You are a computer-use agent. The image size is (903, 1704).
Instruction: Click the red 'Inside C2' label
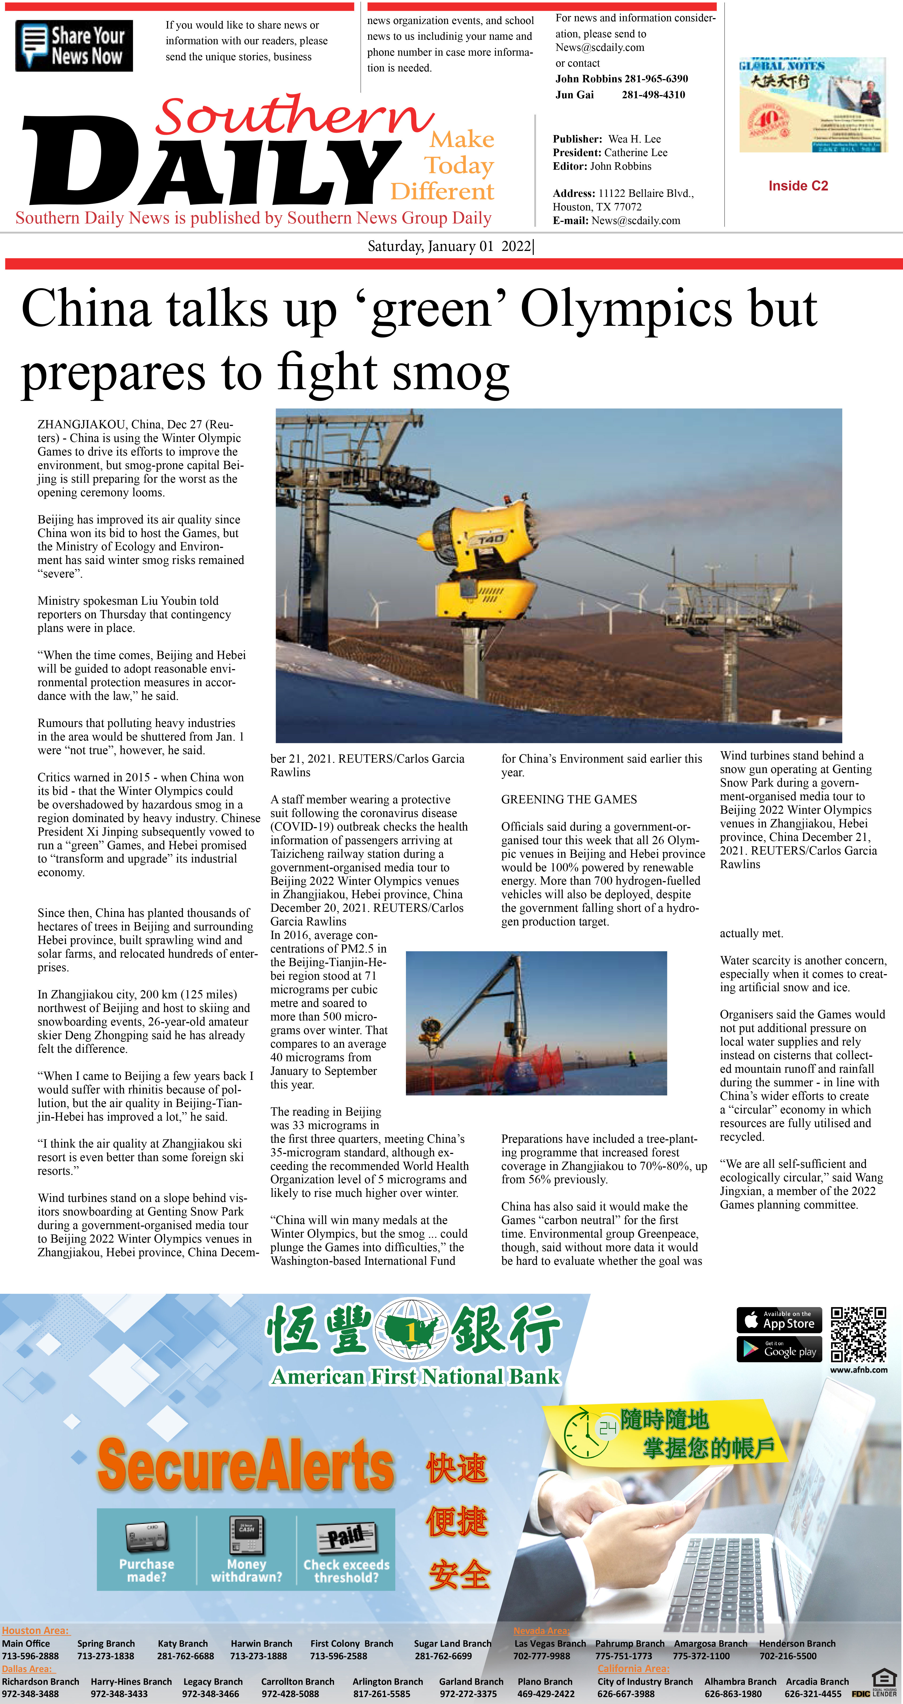pos(798,186)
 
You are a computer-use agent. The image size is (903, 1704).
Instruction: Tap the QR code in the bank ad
pos(858,1333)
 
